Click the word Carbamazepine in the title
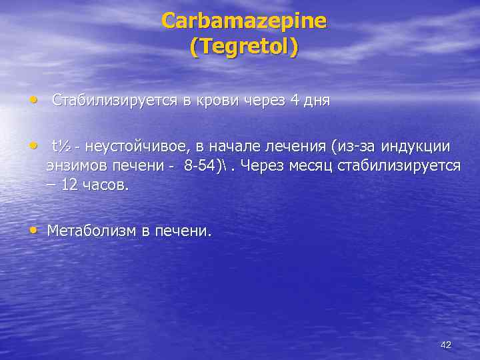click(x=244, y=21)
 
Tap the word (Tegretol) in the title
click(x=244, y=48)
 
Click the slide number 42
click(x=446, y=345)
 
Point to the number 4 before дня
click(x=295, y=101)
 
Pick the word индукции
click(x=418, y=146)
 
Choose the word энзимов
click(x=75, y=165)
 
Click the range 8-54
click(x=201, y=165)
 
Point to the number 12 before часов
click(x=70, y=184)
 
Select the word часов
click(x=105, y=184)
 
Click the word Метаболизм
click(x=91, y=231)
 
